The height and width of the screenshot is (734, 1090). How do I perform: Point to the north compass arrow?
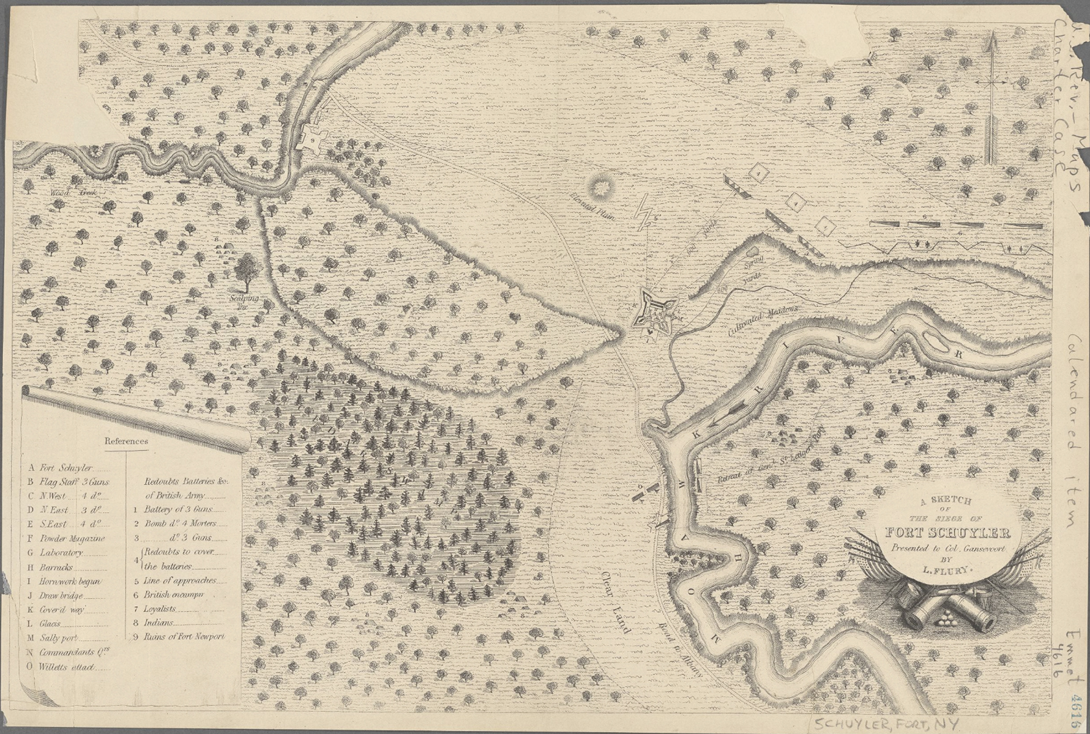click(x=989, y=98)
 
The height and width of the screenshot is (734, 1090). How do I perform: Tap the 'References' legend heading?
click(x=126, y=440)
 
